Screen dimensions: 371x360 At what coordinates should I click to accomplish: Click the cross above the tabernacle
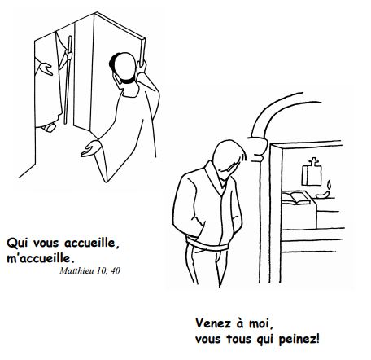coord(314,162)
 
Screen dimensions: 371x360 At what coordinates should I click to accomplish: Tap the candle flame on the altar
coord(330,185)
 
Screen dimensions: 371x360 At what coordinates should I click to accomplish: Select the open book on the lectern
coord(295,198)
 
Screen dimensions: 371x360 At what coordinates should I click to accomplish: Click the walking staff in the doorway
coord(68,80)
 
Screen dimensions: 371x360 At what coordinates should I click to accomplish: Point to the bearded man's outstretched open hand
coord(90,149)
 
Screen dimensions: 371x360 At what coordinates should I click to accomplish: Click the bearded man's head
coord(124,68)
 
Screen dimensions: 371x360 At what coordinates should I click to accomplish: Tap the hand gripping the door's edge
coord(142,67)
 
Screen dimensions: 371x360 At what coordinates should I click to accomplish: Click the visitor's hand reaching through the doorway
coord(46,68)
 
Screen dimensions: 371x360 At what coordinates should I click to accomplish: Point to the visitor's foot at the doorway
coord(49,127)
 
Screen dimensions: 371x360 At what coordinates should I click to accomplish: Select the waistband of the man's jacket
coord(207,244)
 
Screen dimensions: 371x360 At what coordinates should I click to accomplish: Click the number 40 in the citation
coord(116,270)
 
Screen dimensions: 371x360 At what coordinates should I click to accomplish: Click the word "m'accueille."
coord(40,258)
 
